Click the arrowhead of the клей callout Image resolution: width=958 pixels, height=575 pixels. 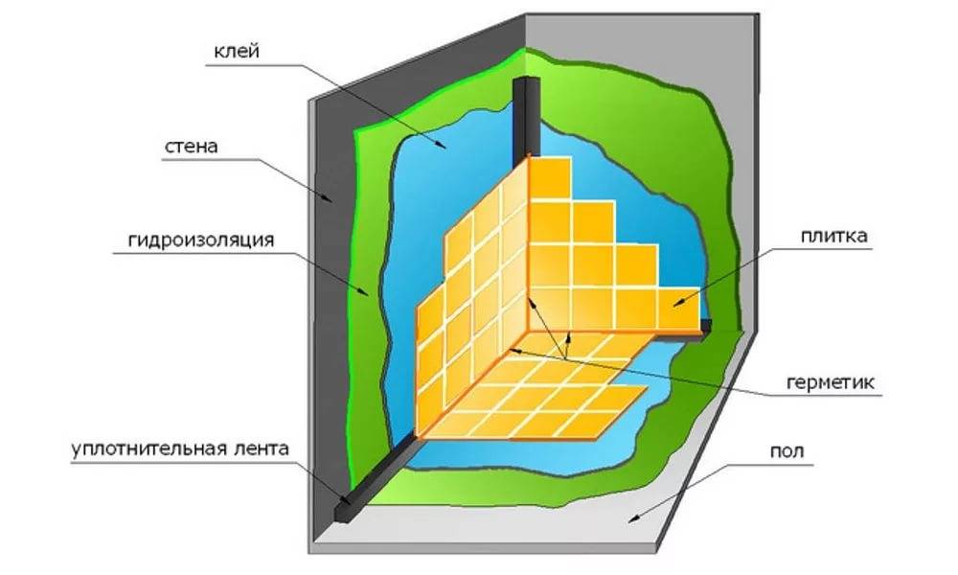pyautogui.click(x=442, y=146)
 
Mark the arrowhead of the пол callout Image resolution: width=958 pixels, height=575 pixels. pyautogui.click(x=628, y=518)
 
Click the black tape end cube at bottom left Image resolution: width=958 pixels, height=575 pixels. pyautogui.click(x=341, y=509)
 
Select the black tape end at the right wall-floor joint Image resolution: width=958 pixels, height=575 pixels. pyautogui.click(x=706, y=325)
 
